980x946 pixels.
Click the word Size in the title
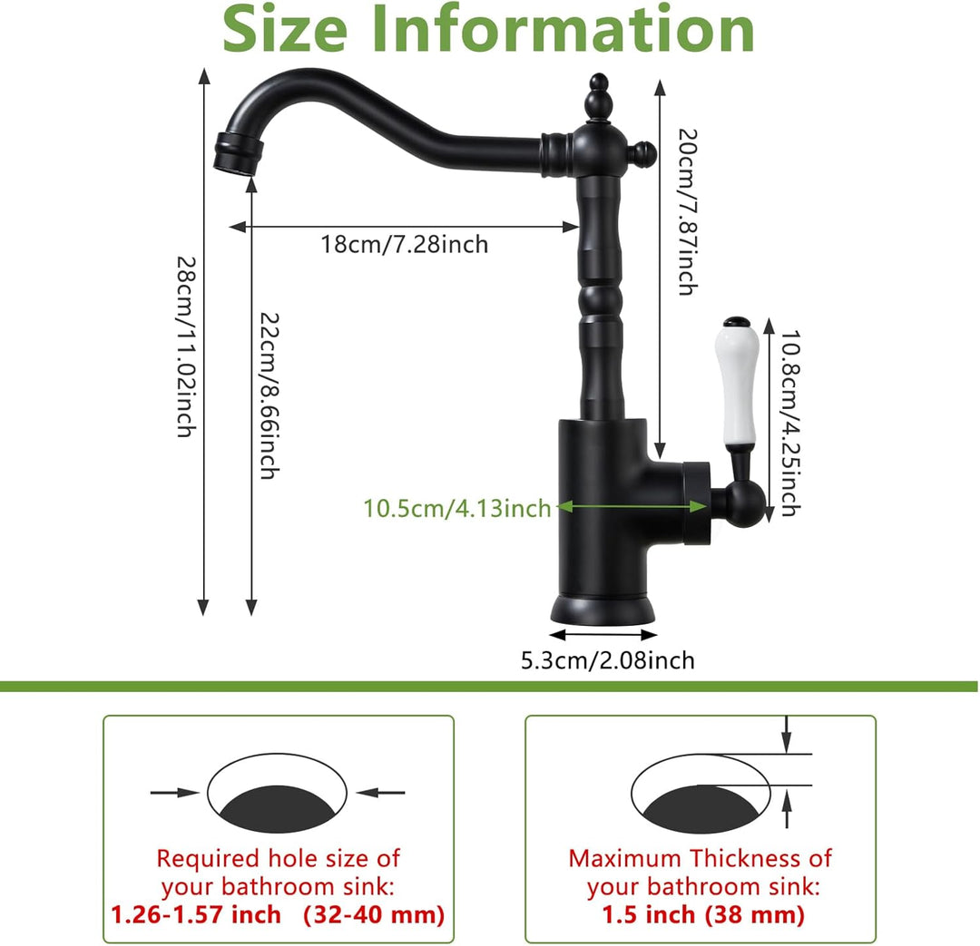[x=284, y=29]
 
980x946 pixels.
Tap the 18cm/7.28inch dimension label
[x=405, y=244]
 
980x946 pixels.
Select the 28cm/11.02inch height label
[x=186, y=346]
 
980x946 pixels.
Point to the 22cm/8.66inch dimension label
[x=269, y=395]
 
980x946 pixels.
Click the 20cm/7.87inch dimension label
[x=688, y=212]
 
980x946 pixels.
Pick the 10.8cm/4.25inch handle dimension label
[x=790, y=423]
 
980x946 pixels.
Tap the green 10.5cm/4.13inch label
[x=457, y=508]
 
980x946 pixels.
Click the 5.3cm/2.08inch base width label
[x=607, y=660]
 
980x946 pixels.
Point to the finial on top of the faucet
[x=598, y=97]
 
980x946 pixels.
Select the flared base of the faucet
[x=603, y=610]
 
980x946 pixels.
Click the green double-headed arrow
[x=632, y=506]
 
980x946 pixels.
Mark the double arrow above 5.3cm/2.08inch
[x=603, y=636]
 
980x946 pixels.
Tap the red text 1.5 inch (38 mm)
[x=702, y=915]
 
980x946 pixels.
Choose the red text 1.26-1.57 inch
[x=196, y=915]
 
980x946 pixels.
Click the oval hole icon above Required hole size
[x=277, y=793]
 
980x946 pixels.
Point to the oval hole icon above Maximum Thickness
[x=701, y=793]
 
